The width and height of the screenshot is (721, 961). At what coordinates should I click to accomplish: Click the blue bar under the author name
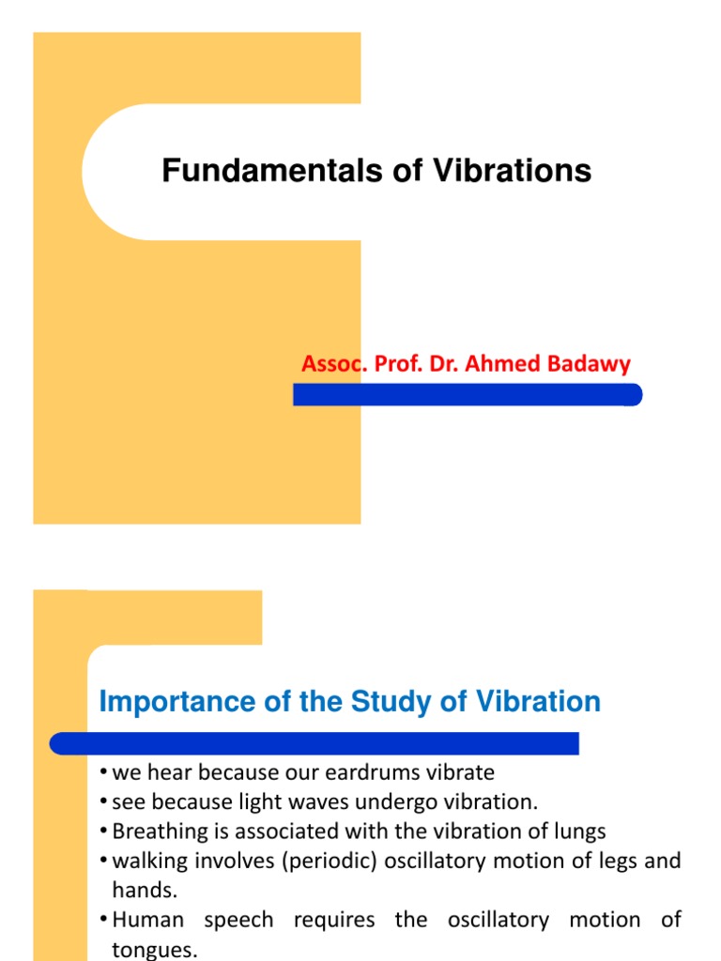[x=468, y=395]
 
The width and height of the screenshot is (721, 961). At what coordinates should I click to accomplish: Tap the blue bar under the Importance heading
[x=314, y=744]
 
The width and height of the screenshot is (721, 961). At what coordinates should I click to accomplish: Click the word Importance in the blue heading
[x=176, y=702]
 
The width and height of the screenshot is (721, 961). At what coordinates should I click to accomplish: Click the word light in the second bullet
[x=246, y=802]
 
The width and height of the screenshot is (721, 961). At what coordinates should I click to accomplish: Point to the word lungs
[x=580, y=831]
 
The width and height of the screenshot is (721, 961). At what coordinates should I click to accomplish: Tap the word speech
[x=238, y=920]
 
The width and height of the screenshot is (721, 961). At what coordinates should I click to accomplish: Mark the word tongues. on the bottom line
[x=155, y=950]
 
